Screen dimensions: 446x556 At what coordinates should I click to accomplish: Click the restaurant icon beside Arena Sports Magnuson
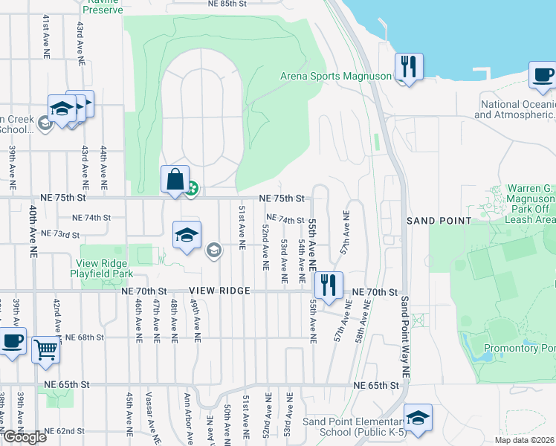(408, 66)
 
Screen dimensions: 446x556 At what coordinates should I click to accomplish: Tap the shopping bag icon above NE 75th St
(175, 179)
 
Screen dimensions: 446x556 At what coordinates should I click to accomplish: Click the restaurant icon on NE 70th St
(328, 284)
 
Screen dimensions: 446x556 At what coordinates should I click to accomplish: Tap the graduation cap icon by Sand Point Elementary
(418, 417)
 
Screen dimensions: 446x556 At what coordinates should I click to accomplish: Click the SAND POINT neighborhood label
(439, 221)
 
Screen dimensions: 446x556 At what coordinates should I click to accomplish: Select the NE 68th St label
(84, 337)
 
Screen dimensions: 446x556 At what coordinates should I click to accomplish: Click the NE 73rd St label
(60, 234)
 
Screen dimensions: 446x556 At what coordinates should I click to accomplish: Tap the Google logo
(25, 437)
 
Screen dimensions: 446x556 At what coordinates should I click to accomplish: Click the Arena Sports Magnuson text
(335, 76)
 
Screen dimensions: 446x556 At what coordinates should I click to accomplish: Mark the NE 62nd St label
(64, 431)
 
